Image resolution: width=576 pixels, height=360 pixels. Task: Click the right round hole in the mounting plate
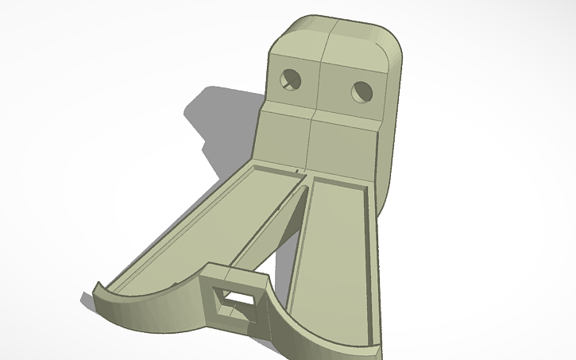(361, 92)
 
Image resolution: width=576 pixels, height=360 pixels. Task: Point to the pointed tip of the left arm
(97, 285)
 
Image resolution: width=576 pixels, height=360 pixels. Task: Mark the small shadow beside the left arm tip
(87, 300)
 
